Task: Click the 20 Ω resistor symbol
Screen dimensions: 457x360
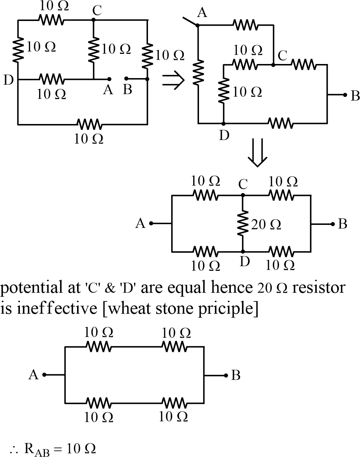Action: point(242,223)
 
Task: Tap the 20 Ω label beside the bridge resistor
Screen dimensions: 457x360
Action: point(266,225)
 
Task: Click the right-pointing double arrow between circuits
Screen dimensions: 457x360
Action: point(173,80)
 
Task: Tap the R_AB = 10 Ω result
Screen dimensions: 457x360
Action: point(60,449)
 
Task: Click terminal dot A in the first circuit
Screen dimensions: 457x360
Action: point(109,78)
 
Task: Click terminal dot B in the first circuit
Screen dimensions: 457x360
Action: point(126,78)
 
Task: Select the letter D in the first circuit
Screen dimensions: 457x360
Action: point(9,80)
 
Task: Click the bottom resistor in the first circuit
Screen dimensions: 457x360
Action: point(89,125)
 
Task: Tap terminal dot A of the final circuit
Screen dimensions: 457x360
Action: point(45,375)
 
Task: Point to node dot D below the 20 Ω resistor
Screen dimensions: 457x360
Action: point(242,251)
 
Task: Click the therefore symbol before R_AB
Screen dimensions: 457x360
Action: point(15,449)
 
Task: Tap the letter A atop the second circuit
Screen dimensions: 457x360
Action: point(202,13)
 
